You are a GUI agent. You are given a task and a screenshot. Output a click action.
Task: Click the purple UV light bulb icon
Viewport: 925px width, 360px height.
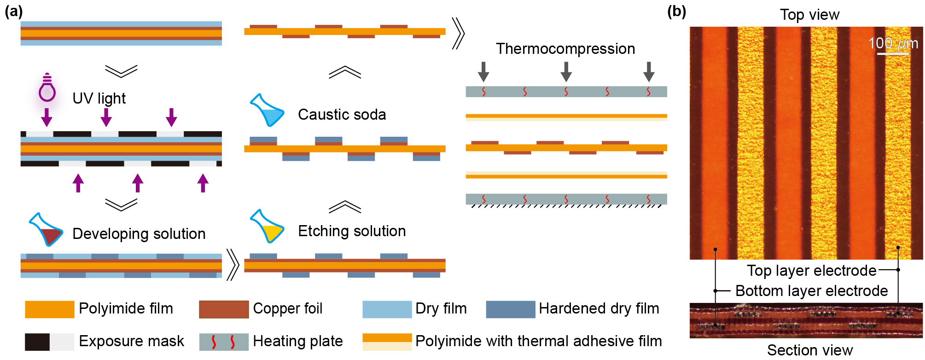46,94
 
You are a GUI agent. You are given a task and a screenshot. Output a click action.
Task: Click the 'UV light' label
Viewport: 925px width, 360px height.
99,98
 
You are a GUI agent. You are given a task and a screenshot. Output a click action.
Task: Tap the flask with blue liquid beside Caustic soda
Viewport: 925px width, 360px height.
267,110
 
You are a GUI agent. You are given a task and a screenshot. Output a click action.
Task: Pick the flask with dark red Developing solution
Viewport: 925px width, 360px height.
46,230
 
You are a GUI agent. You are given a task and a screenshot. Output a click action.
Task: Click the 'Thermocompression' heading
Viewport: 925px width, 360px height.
565,48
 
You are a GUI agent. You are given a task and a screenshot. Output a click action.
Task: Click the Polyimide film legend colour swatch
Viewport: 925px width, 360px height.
49,309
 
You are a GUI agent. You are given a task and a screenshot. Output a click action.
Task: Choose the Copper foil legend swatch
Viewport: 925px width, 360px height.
224,309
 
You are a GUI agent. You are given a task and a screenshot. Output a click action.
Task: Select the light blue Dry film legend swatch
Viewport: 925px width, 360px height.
387,309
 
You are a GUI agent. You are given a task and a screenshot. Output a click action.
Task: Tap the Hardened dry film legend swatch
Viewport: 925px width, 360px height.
510,309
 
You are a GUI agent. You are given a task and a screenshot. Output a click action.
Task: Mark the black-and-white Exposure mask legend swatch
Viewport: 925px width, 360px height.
49,342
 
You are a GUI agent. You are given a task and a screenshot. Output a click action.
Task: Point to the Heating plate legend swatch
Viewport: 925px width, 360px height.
224,342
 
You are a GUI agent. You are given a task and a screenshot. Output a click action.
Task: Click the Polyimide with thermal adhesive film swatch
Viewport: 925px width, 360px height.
387,342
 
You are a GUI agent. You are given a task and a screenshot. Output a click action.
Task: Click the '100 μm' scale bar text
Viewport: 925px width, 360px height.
893,43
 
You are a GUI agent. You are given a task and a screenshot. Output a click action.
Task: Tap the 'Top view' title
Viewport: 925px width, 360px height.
809,15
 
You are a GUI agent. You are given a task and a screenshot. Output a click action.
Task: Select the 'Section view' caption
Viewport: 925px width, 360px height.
809,350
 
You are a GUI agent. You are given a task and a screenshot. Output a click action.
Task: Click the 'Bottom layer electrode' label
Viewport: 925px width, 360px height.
811,291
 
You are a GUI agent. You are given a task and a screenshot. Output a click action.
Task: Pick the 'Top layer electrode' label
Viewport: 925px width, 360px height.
811,271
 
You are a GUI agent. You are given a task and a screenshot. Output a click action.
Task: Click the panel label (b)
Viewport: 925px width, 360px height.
676,11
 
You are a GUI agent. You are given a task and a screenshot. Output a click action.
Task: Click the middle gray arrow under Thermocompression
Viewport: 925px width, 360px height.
566,71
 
